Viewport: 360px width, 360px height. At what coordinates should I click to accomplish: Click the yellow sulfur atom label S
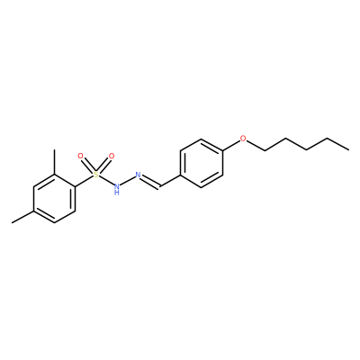[95, 175]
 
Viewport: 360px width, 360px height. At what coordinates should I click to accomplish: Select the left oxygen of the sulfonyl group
[80, 156]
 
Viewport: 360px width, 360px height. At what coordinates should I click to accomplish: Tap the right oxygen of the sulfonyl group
[112, 156]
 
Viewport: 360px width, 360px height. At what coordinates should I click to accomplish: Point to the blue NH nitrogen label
[117, 189]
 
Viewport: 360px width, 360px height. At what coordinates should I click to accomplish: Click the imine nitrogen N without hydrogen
[139, 175]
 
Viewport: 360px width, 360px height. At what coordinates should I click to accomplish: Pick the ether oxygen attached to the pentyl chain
[243, 139]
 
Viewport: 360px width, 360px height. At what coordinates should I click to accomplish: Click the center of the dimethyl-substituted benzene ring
[54, 199]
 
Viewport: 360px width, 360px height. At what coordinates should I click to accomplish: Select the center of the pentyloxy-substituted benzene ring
[202, 163]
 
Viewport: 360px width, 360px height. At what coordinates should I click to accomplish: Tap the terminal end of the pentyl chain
[348, 149]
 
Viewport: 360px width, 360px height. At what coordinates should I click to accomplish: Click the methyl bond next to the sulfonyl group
[54, 162]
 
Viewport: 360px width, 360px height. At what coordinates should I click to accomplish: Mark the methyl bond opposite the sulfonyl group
[22, 217]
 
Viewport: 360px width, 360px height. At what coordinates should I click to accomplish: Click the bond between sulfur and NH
[106, 181]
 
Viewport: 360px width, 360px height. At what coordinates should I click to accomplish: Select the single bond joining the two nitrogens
[128, 182]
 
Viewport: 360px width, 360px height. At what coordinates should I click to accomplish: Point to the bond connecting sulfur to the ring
[84, 181]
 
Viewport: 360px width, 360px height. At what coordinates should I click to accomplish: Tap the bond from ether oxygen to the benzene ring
[231, 145]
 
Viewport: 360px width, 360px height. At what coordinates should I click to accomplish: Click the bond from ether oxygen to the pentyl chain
[256, 145]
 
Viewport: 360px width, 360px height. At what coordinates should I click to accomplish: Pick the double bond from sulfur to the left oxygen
[88, 166]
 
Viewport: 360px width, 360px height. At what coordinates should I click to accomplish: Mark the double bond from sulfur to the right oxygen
[103, 166]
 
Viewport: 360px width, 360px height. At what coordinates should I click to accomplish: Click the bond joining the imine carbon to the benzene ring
[170, 181]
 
